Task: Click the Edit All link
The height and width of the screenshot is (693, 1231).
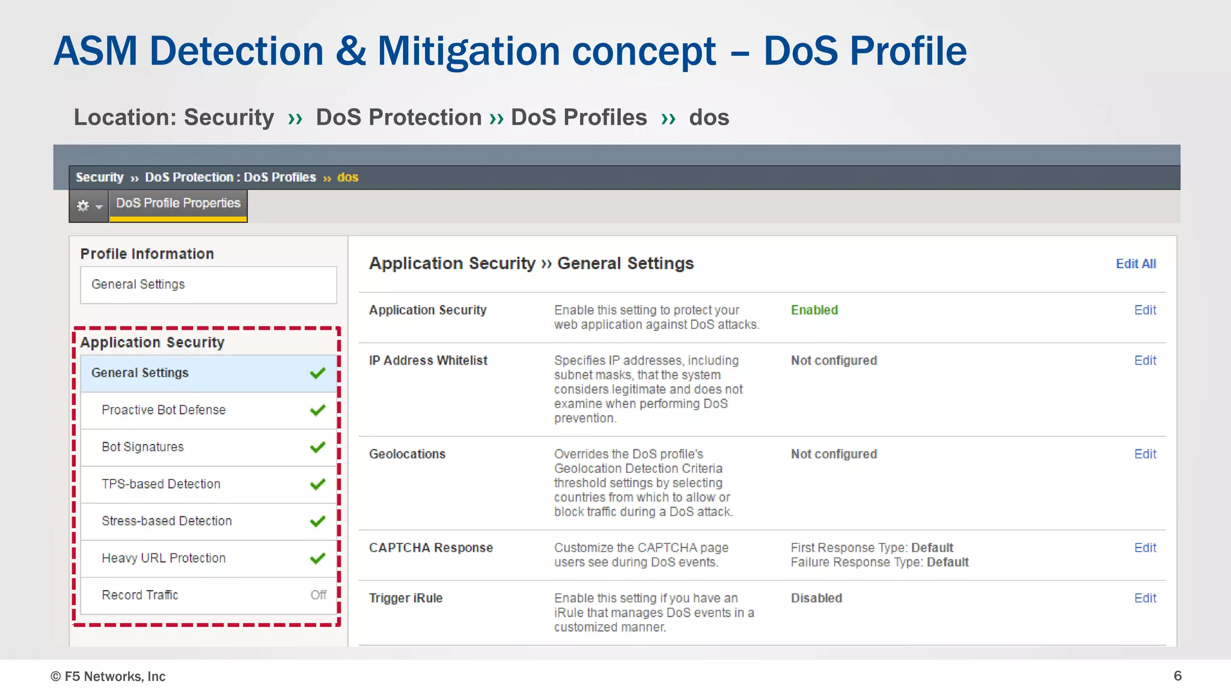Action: tap(1135, 263)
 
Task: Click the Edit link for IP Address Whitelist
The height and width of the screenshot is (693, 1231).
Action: tap(1144, 360)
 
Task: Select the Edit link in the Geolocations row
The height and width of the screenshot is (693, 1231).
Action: tap(1144, 454)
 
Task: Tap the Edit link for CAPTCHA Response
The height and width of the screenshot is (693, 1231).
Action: tap(1144, 547)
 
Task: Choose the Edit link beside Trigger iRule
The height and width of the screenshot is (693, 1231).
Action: tap(1144, 598)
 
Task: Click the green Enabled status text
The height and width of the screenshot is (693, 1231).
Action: tap(814, 310)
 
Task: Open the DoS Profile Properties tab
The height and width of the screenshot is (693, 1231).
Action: tap(178, 203)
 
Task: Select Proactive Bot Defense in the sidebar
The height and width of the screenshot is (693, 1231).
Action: tap(163, 410)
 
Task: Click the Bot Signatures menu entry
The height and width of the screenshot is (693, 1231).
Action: tap(142, 447)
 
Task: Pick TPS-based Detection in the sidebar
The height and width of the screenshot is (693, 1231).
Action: tap(161, 484)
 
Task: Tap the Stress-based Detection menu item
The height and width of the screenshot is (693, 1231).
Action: tap(166, 521)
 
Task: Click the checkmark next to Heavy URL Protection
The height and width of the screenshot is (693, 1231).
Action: tap(317, 558)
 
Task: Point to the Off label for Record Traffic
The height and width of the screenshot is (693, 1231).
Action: tap(318, 595)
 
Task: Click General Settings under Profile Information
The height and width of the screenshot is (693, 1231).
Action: tap(138, 285)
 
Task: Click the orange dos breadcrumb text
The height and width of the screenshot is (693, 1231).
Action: tap(347, 177)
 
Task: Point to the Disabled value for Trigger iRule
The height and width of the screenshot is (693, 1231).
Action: tap(816, 598)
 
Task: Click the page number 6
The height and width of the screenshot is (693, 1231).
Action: tap(1177, 676)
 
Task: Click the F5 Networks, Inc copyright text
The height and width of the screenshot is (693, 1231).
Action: tap(108, 676)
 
